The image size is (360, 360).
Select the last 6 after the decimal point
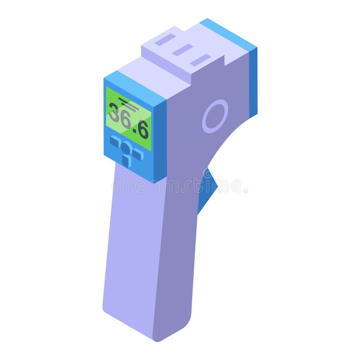(x=143, y=130)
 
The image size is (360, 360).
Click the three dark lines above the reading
(x=128, y=104)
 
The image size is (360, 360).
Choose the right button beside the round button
(x=138, y=154)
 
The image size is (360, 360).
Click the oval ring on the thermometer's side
(x=215, y=116)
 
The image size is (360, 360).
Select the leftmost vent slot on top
(x=165, y=40)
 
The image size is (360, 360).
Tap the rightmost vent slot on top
(x=200, y=60)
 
